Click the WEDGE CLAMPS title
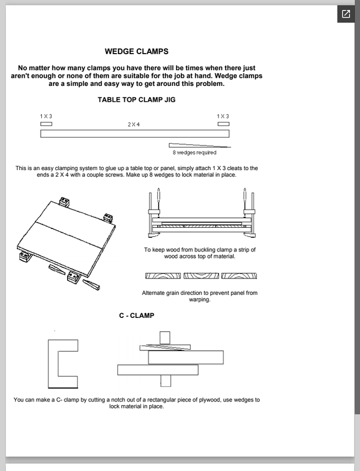click(137, 51)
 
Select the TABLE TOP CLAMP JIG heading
click(136, 99)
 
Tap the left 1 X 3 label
click(46, 117)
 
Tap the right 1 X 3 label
click(223, 117)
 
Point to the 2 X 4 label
click(134, 124)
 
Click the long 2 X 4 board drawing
click(134, 134)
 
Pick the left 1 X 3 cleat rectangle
click(46, 124)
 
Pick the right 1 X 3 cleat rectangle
click(223, 124)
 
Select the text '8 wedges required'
click(194, 152)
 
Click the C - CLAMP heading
click(137, 316)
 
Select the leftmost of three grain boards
click(163, 276)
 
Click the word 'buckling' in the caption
click(208, 250)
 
